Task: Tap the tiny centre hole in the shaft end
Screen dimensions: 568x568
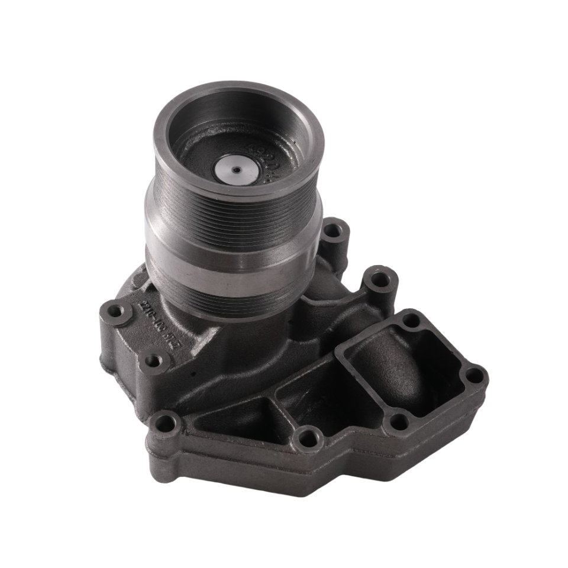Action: tap(236, 170)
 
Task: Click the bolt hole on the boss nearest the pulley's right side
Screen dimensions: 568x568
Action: tap(333, 230)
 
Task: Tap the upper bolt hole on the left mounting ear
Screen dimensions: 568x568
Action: tap(116, 311)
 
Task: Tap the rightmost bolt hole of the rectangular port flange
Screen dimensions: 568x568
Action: tap(475, 375)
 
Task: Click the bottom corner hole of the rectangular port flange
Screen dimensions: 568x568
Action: tap(399, 422)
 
